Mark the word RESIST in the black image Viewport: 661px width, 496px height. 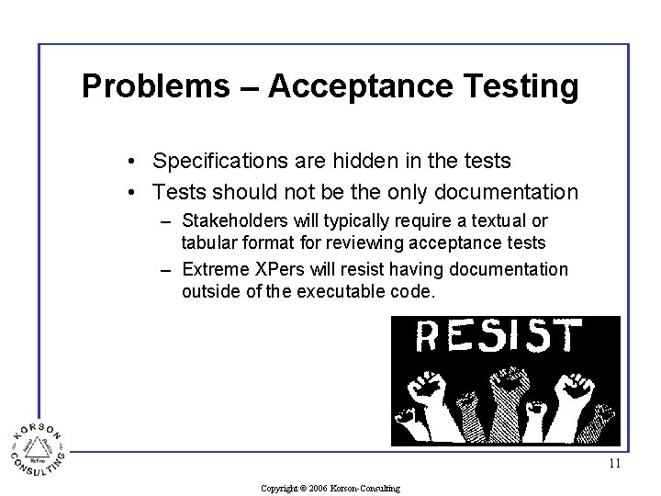499,337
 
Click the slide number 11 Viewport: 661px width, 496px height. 614,464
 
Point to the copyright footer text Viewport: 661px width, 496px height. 330,488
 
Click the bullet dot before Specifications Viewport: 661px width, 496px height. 133,163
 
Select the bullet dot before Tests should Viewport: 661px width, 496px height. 133,193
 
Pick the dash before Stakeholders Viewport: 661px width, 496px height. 165,222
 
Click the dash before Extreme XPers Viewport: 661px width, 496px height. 165,270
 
